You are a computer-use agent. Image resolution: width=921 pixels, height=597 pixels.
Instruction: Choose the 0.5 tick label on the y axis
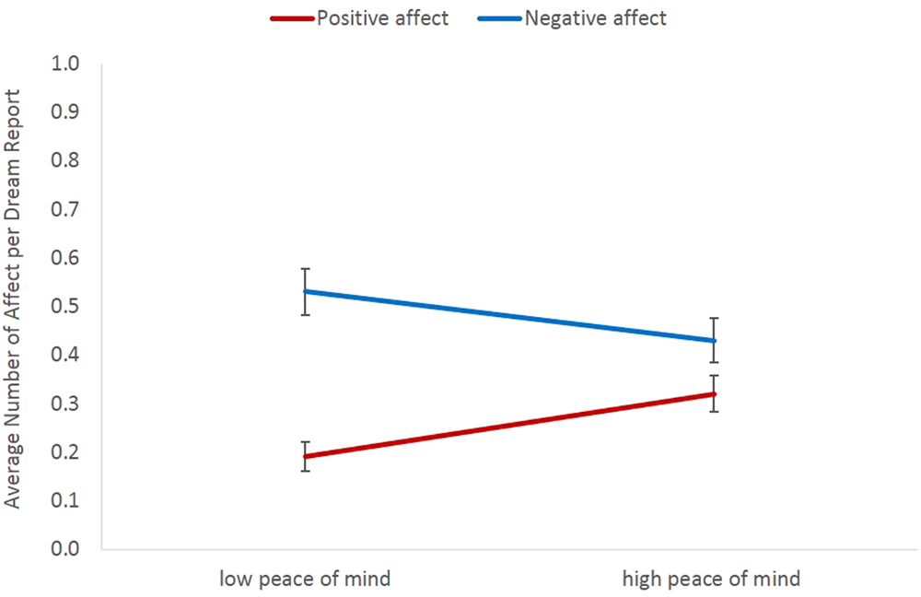tap(69, 307)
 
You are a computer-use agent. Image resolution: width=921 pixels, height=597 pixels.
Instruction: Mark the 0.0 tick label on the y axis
tap(69, 549)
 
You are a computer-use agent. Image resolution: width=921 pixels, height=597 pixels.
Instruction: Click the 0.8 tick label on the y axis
tap(69, 161)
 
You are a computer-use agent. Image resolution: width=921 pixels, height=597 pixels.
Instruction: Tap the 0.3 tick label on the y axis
tap(69, 404)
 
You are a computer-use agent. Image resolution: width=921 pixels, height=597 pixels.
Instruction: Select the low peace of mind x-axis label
tap(305, 579)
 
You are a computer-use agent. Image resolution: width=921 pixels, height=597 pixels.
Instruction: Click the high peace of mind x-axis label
tap(711, 579)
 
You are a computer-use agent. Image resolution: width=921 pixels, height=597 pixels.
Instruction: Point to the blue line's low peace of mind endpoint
tap(305, 292)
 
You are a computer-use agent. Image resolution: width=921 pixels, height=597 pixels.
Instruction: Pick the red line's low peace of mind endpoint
tap(305, 456)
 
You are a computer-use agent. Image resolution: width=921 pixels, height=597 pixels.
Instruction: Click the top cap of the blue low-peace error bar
tap(305, 269)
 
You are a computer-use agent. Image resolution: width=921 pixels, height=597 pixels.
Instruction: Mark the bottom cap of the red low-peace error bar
tap(305, 471)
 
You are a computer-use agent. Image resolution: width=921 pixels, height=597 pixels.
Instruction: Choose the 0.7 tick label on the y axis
tap(69, 210)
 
